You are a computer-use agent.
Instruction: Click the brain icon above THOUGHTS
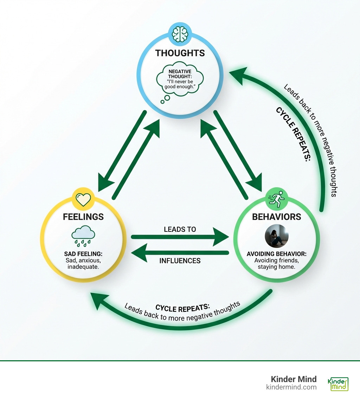click(180, 34)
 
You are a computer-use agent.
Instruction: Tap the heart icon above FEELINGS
click(83, 199)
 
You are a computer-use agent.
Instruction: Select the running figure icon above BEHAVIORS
click(277, 199)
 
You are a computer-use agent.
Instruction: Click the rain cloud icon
click(83, 236)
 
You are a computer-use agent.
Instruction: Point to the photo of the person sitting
click(277, 236)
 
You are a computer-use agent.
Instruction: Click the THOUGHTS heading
click(180, 53)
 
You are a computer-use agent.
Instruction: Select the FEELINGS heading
click(83, 217)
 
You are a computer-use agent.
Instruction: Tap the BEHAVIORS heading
click(277, 217)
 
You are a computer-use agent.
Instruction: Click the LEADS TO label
click(180, 229)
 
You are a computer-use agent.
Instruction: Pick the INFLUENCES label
click(180, 261)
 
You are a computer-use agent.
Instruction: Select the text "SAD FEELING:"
click(83, 254)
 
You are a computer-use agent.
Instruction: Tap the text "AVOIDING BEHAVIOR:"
click(277, 254)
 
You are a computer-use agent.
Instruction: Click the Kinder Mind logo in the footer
click(338, 384)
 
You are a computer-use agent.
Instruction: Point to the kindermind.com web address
click(291, 387)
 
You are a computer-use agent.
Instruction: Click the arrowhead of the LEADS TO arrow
click(221, 237)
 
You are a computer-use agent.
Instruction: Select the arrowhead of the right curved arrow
click(239, 75)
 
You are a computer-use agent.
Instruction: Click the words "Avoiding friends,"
click(277, 260)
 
